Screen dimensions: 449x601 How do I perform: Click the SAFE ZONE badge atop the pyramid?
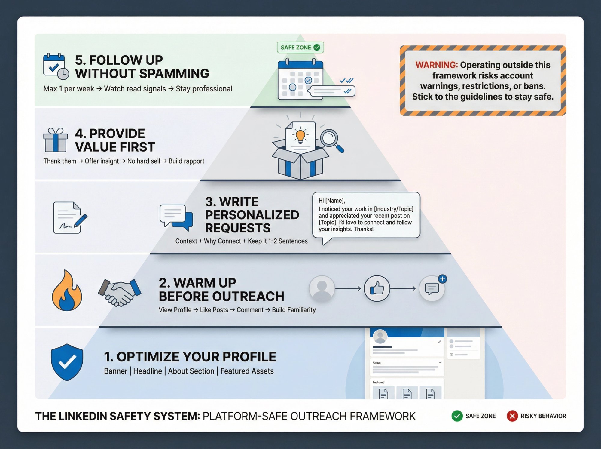300,48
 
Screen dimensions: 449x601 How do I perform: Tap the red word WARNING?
436,65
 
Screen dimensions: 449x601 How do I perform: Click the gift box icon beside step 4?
55,140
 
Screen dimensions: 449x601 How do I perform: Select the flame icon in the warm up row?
67,291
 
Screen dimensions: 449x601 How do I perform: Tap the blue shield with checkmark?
67,362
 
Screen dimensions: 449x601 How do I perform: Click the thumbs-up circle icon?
377,289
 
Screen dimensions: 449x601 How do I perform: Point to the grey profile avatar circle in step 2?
322,289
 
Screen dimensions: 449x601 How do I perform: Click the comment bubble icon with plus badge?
432,289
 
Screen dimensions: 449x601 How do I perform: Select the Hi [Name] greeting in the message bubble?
331,201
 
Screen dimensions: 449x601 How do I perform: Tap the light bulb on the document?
300,136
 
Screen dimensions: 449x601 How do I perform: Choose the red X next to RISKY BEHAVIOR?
512,416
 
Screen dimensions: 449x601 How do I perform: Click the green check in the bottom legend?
457,416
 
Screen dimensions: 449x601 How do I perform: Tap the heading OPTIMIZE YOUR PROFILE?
190,357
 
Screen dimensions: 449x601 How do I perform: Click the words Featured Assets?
247,371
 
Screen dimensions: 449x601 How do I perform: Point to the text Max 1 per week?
69,89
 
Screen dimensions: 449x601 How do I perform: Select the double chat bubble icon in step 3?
176,217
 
